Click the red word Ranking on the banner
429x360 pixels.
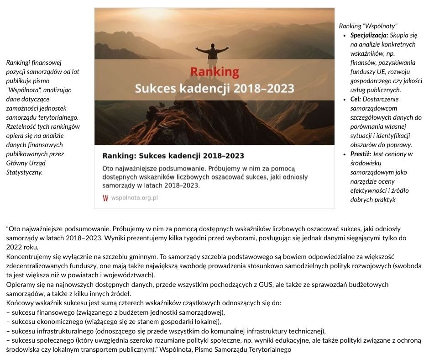click(x=214, y=72)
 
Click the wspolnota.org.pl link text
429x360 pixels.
click(x=135, y=198)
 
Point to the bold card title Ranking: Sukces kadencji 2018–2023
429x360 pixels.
click(x=173, y=156)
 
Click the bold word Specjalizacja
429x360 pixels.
click(x=369, y=35)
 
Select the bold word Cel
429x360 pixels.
click(x=356, y=99)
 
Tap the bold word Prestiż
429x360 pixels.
click(x=360, y=154)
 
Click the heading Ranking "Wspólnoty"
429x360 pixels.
click(x=368, y=26)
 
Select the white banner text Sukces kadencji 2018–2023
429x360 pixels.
click(x=214, y=88)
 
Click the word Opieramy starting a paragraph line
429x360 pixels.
click(x=21, y=285)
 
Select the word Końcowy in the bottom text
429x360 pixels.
click(x=21, y=303)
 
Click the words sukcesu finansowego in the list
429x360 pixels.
click(x=42, y=312)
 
